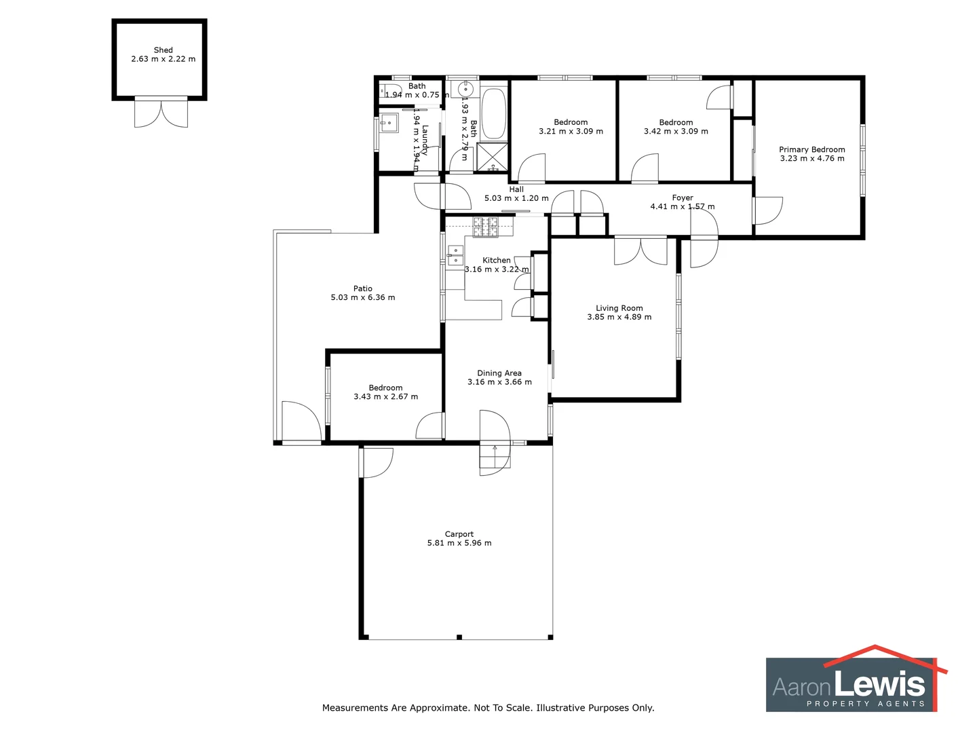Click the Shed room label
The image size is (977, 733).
pyautogui.click(x=163, y=50)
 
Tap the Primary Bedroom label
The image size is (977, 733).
pyautogui.click(x=811, y=150)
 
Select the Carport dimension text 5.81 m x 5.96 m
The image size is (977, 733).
pyautogui.click(x=459, y=543)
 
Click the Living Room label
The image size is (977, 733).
pyautogui.click(x=619, y=308)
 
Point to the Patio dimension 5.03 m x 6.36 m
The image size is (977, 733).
pyautogui.click(x=362, y=297)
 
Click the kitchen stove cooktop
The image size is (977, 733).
pyautogui.click(x=485, y=227)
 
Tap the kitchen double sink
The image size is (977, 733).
pyautogui.click(x=455, y=256)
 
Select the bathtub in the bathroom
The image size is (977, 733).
pyautogui.click(x=493, y=113)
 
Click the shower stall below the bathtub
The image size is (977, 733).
pyautogui.click(x=492, y=157)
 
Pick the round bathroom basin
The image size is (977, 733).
pyautogui.click(x=465, y=90)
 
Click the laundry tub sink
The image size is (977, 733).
pyautogui.click(x=389, y=124)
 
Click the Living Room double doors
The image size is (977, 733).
pyautogui.click(x=640, y=250)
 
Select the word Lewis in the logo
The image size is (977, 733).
pyautogui.click(x=880, y=683)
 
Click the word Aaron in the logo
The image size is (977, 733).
pyautogui.click(x=802, y=687)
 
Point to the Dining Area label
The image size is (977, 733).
pyautogui.click(x=499, y=373)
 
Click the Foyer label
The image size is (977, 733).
pyautogui.click(x=683, y=198)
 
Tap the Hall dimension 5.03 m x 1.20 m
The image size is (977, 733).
pyautogui.click(x=516, y=198)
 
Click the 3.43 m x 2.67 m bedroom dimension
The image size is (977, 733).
pyautogui.click(x=385, y=397)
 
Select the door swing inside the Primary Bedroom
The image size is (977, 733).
pyautogui.click(x=769, y=210)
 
